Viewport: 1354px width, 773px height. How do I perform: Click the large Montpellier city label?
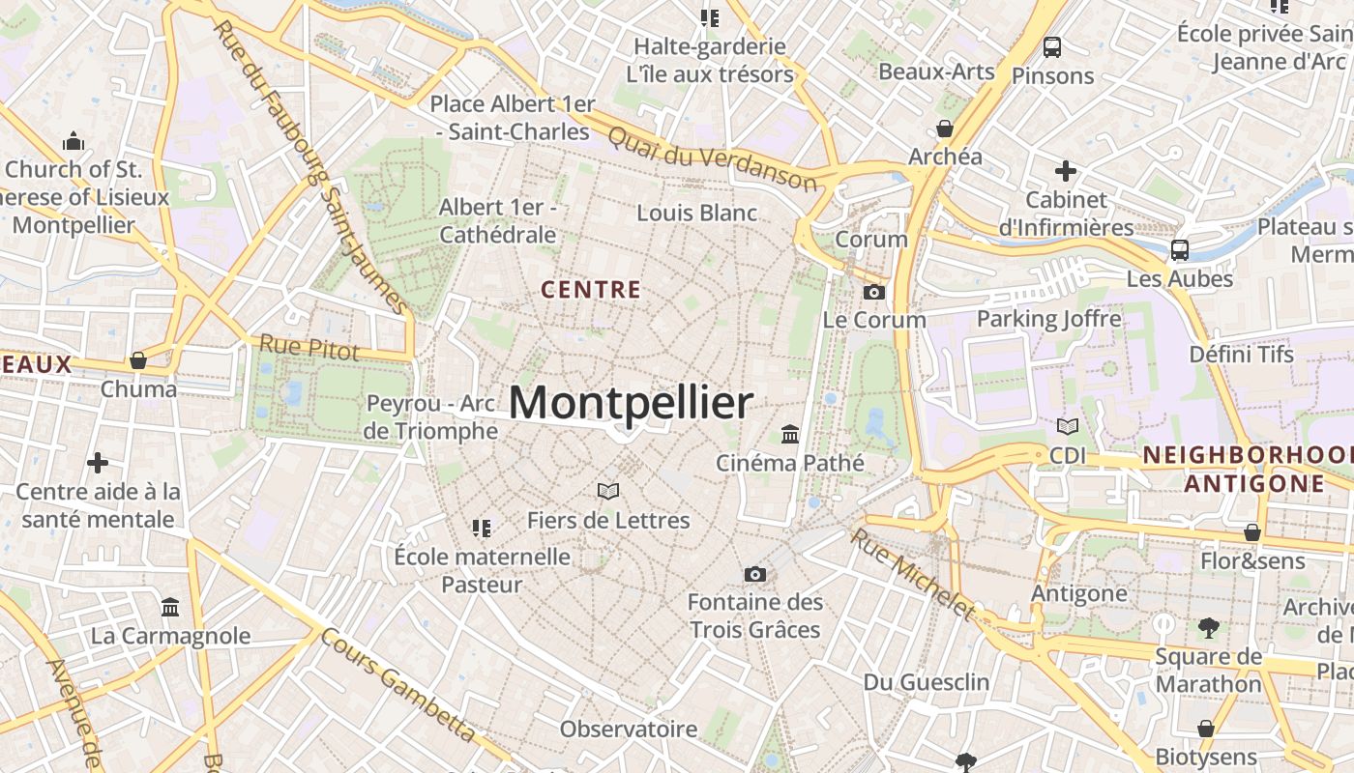630,403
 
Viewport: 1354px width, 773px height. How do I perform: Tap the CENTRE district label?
591,289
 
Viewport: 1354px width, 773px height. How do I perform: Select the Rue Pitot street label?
309,348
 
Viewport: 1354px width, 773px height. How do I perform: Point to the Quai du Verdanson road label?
712,159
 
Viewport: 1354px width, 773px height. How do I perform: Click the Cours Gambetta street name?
397,686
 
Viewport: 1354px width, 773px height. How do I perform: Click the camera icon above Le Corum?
873,292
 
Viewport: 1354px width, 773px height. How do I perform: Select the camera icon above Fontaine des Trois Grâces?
755,575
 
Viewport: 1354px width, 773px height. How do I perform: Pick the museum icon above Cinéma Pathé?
790,435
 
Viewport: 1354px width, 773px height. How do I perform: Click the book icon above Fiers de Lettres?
608,492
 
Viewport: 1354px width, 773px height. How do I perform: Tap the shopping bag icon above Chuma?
138,361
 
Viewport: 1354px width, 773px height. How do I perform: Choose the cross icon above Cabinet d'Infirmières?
1066,172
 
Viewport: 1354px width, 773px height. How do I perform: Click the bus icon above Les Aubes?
1180,250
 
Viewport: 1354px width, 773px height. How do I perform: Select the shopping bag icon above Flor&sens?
1252,532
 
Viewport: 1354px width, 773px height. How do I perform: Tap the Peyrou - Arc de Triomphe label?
430,416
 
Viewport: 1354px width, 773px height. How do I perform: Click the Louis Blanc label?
696,213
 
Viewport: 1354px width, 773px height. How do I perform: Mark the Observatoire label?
629,729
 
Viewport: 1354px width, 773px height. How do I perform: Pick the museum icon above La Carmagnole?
171,608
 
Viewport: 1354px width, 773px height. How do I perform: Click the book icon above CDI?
1068,427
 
